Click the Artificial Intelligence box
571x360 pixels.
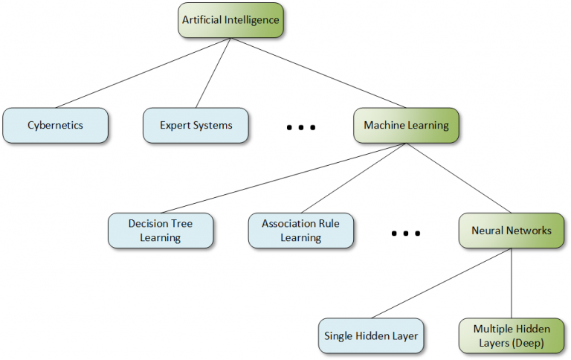coord(230,20)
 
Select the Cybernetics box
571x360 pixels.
coord(55,125)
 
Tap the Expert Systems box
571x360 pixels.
coord(196,125)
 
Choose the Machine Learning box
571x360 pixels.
coord(406,125)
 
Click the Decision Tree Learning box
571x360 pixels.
coord(161,231)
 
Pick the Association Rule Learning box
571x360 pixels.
coord(300,231)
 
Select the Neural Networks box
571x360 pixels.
coord(512,231)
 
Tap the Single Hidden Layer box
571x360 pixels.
coord(371,336)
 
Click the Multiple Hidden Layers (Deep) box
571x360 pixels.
coord(512,336)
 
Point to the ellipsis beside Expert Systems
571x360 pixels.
coord(301,128)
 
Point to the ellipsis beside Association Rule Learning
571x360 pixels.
coord(406,234)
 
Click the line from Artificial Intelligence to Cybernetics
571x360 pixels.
coord(143,73)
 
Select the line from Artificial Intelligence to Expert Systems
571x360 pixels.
coord(213,73)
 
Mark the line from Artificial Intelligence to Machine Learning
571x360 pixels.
coord(318,73)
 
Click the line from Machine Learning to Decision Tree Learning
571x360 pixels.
coord(283,179)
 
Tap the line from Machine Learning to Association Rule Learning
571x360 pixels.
coord(353,179)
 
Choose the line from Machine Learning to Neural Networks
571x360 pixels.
coord(459,179)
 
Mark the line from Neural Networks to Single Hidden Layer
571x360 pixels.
coord(442,283)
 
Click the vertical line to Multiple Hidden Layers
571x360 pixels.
coord(512,283)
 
